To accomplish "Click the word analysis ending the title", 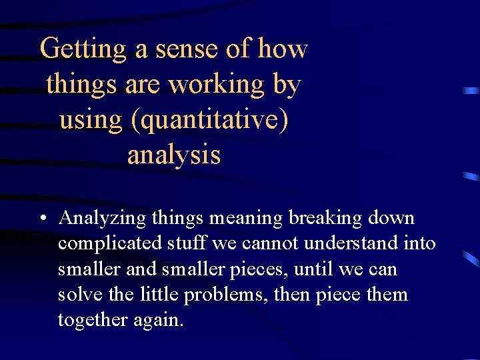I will click(173, 155).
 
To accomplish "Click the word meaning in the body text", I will click(245, 219).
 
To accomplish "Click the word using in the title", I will click(91, 121).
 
